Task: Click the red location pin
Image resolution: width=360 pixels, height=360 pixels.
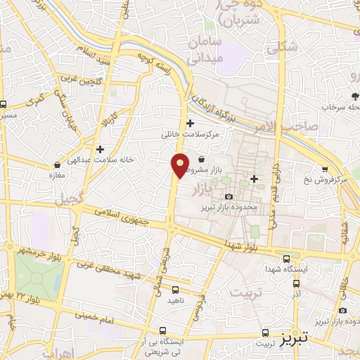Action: pyautogui.click(x=181, y=165)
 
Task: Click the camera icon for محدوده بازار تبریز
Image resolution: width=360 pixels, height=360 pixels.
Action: pyautogui.click(x=229, y=197)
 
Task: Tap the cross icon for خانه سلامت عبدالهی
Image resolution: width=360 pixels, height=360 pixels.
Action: pyautogui.click(x=100, y=149)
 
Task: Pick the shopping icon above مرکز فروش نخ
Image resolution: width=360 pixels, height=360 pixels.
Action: pyautogui.click(x=325, y=169)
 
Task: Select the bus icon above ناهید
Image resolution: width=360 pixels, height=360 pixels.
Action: pyautogui.click(x=175, y=289)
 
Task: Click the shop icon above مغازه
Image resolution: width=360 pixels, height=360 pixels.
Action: pyautogui.click(x=56, y=164)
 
